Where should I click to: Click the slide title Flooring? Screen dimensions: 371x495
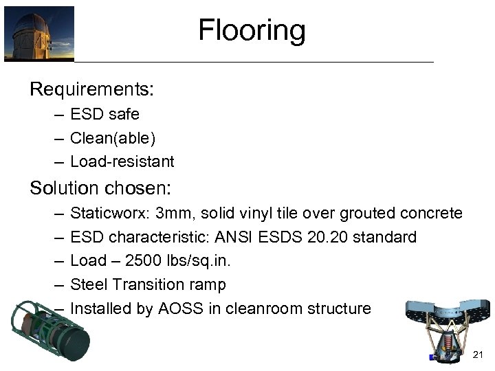252,31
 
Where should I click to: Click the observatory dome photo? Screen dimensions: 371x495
39,33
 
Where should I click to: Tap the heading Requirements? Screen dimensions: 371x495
91,89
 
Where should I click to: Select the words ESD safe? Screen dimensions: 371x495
104,114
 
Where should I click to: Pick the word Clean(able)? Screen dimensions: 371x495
113,138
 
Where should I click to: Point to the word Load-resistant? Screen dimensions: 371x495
122,162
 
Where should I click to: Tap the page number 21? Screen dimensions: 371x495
478,354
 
